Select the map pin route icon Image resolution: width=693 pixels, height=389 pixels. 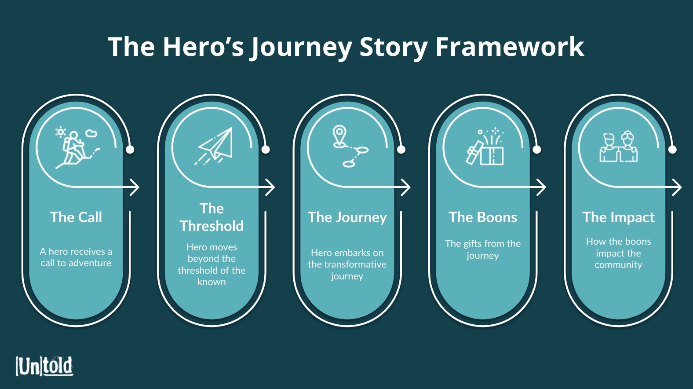pos(350,146)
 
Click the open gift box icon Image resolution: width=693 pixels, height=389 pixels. pos(485,146)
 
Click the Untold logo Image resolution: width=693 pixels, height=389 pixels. pos(44,366)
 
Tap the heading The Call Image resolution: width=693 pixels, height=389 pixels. pos(76,217)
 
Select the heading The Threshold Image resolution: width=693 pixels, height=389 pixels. pos(212,217)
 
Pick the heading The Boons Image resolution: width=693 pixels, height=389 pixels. pos(483,217)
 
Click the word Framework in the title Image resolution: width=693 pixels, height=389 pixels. pos(510,47)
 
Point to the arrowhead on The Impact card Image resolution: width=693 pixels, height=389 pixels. pos(677,187)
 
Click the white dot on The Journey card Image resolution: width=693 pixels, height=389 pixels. pos(401,150)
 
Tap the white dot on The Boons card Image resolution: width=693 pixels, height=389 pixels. pos(537,150)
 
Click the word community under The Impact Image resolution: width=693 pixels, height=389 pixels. pos(618,265)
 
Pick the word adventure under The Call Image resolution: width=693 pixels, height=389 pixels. pos(90,263)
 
